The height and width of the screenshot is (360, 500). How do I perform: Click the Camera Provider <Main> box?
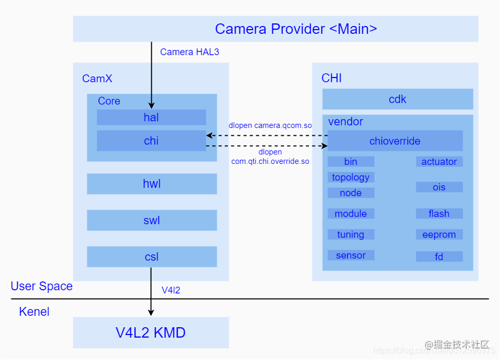click(x=275, y=29)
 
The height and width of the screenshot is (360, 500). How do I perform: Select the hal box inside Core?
click(x=151, y=117)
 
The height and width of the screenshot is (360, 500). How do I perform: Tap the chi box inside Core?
click(x=151, y=140)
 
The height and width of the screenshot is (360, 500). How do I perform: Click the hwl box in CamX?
click(x=152, y=184)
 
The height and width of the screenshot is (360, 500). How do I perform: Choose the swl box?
click(x=152, y=220)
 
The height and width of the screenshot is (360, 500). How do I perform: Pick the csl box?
click(x=152, y=256)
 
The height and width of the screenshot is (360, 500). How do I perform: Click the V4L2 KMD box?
click(x=151, y=332)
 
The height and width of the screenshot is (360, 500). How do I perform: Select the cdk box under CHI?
click(x=398, y=99)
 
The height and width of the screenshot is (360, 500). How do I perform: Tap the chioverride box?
click(x=395, y=140)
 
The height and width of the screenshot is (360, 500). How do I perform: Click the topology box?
click(x=351, y=177)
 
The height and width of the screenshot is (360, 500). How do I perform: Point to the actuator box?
click(x=439, y=161)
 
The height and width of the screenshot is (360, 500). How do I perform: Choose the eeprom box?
click(x=439, y=234)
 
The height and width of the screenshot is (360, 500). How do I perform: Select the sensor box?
click(x=351, y=255)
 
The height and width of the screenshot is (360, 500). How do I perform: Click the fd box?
click(x=439, y=256)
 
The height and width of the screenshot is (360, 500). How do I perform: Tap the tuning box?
click(x=351, y=234)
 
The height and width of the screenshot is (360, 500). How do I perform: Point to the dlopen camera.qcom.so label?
click(x=270, y=125)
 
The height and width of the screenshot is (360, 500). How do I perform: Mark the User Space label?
click(x=42, y=286)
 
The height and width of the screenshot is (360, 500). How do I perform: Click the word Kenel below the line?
click(x=34, y=312)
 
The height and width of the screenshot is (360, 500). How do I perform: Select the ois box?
click(x=439, y=187)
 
